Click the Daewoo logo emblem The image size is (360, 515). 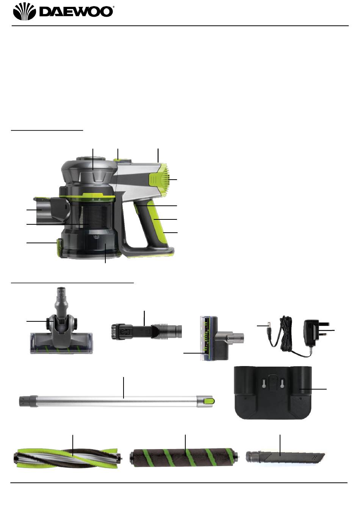(24, 11)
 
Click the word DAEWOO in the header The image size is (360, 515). (76, 12)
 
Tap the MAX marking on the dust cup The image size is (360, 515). (96, 236)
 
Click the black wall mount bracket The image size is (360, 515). (272, 393)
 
